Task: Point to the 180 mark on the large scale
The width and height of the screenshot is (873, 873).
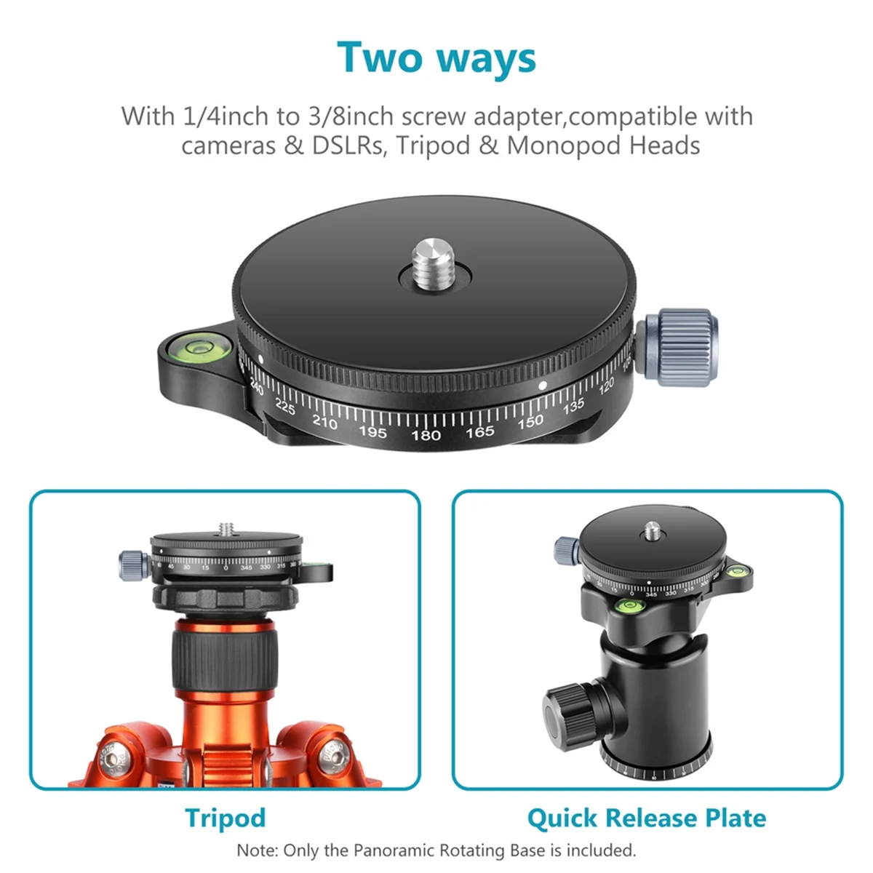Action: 426,435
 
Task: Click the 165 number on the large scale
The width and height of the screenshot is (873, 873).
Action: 479,433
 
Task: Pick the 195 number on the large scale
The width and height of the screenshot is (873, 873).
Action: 372,431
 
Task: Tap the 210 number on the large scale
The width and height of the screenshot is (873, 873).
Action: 324,421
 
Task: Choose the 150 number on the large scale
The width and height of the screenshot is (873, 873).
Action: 530,421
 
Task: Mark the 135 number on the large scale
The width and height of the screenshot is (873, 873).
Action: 573,406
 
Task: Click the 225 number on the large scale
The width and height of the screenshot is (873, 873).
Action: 284,407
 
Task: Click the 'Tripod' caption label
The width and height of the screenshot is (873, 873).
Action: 225,818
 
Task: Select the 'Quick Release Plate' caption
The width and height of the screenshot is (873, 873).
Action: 646,818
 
